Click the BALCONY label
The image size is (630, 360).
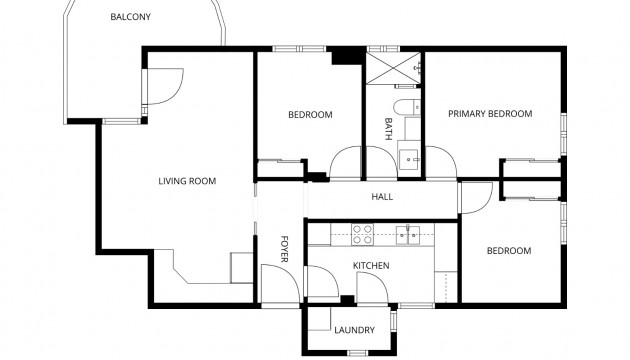tap(130, 17)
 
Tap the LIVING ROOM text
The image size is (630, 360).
tap(187, 181)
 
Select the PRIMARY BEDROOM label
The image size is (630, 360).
tap(490, 114)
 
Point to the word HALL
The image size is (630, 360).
tap(382, 197)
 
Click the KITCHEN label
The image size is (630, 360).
tap(370, 265)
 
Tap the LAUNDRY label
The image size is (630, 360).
tap(354, 330)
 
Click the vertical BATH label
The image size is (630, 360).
tap(389, 128)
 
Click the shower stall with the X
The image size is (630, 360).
tap(393, 69)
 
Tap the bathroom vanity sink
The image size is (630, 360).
tap(409, 158)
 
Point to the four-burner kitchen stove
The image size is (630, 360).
tap(362, 235)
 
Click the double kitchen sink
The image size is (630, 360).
tap(406, 235)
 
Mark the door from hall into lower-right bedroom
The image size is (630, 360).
tap(476, 199)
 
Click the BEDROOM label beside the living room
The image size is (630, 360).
tap(310, 115)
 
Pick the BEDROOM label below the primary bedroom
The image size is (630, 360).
tap(508, 251)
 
